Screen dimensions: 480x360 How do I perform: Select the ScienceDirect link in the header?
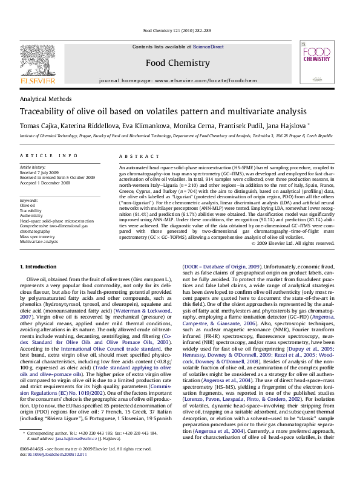(208, 46)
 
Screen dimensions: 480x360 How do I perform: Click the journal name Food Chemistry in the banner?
(177, 62)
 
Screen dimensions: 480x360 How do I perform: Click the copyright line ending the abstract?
(301, 243)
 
